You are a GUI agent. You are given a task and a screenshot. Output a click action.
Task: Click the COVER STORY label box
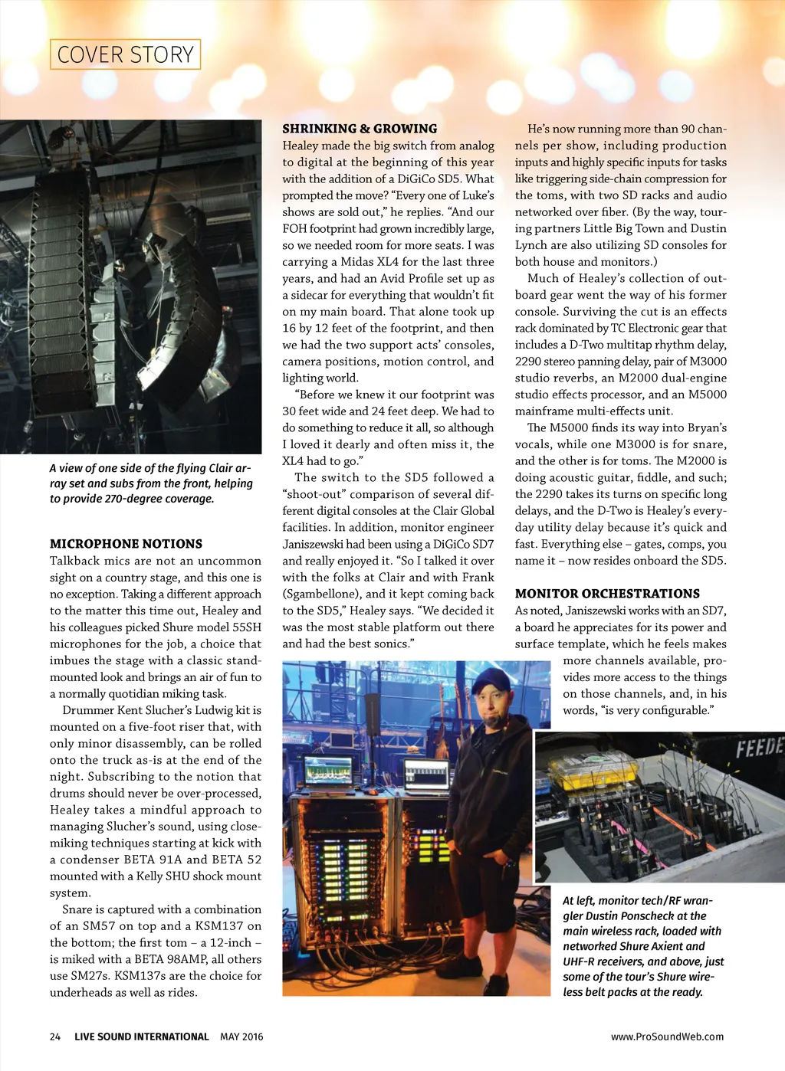tap(125, 54)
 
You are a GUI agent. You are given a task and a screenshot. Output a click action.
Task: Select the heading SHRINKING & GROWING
tap(360, 129)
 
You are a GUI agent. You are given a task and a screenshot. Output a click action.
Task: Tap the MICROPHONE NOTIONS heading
tap(126, 544)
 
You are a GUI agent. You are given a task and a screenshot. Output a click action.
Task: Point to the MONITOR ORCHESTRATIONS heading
tap(607, 594)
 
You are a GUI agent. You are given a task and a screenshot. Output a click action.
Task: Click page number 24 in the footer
tap(55, 1037)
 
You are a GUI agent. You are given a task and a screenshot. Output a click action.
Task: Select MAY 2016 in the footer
tap(241, 1037)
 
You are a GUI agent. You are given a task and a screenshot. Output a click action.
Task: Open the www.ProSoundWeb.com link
tap(667, 1037)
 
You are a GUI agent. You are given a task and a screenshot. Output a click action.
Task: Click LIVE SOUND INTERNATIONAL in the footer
tap(141, 1037)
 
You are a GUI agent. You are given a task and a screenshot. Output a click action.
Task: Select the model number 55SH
tap(247, 627)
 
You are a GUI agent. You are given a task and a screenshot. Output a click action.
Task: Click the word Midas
tap(357, 262)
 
